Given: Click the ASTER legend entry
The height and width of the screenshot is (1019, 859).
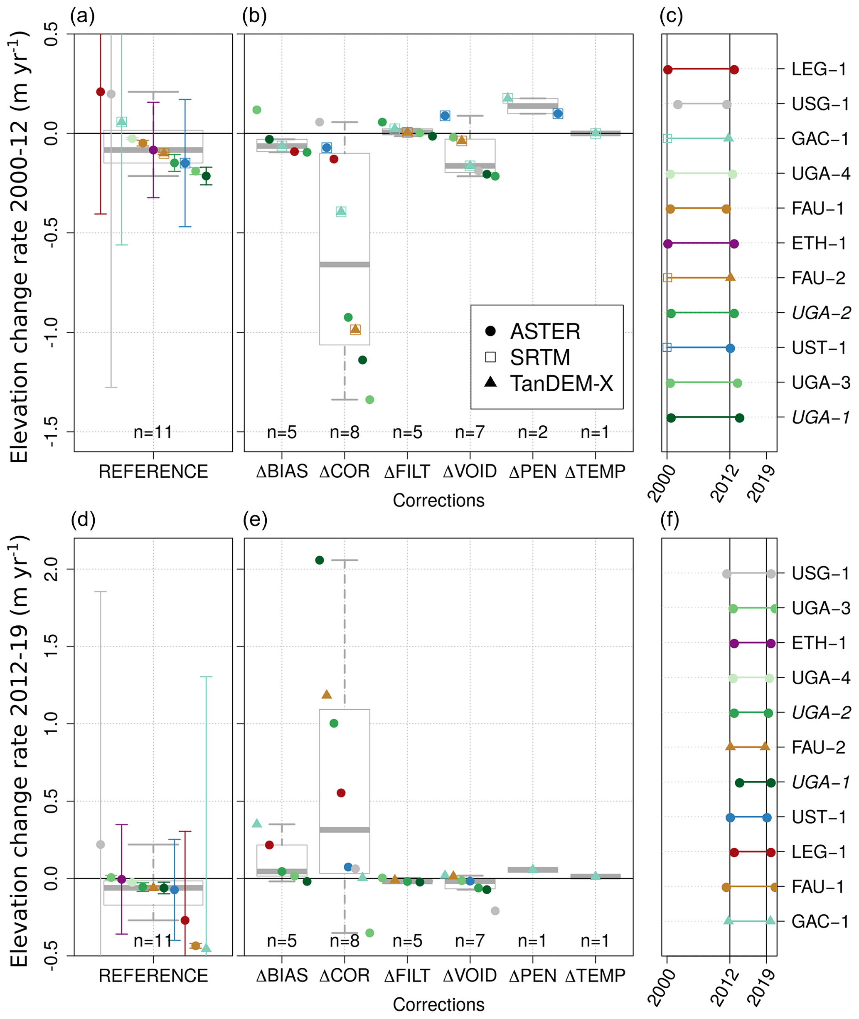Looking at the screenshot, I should pos(544,332).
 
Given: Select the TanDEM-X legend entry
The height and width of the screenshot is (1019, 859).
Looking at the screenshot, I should pos(561,384).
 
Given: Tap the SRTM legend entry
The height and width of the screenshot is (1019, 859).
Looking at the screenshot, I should pos(539,358).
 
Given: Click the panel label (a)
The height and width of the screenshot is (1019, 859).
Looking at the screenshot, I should pos(82,16).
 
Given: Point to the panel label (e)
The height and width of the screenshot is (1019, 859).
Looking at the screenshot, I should pos(255,520).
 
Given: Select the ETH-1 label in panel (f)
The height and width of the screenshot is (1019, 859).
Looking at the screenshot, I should pos(819,643).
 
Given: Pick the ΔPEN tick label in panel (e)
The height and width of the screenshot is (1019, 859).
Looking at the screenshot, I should pos(532,976).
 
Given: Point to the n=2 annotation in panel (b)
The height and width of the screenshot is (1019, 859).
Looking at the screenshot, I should pos(532,432).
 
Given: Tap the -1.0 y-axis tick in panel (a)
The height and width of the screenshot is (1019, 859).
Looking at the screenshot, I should pos(51,332).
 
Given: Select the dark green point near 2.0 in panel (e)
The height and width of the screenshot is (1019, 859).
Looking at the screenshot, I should pos(320,560).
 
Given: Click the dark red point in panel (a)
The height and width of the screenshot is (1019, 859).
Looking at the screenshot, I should pos(100,91).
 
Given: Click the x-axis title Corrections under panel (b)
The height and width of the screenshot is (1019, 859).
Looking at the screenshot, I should pos(438,501).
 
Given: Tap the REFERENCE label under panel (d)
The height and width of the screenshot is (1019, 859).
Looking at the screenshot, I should pos(153,976).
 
